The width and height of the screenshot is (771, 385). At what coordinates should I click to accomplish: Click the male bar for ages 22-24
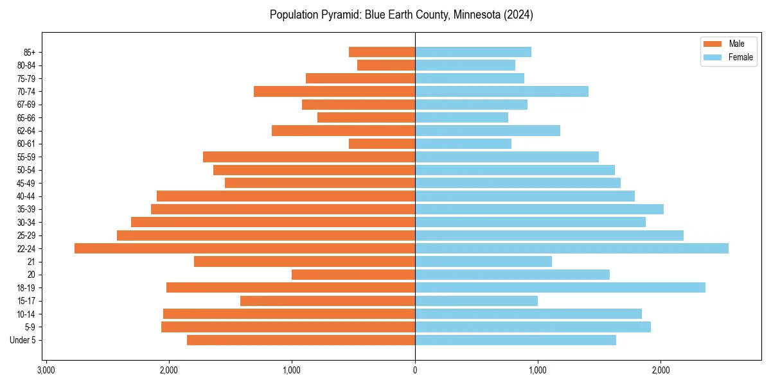tap(245, 248)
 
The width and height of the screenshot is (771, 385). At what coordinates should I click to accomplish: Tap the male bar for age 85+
tap(382, 52)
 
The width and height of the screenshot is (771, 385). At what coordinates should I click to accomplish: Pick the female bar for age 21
tap(483, 261)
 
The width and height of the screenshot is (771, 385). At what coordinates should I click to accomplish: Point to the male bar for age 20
tap(353, 275)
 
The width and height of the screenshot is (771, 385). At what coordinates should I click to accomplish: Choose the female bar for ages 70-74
tap(502, 91)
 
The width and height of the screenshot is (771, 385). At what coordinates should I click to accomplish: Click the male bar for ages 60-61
tap(382, 144)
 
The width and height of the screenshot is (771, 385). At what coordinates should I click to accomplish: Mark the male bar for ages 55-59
tap(309, 157)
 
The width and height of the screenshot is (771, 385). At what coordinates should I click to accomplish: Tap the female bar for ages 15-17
tap(476, 301)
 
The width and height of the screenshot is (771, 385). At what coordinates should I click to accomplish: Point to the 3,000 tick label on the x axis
tap(46, 370)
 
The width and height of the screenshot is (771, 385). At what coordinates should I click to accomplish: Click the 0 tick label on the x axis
tap(415, 370)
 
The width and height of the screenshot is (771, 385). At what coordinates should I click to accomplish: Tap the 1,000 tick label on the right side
tap(538, 370)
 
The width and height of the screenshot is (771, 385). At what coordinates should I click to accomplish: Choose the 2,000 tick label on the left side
tap(169, 370)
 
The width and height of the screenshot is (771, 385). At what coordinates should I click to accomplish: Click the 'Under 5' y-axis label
tap(23, 340)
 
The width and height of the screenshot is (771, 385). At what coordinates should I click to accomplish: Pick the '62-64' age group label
tap(26, 130)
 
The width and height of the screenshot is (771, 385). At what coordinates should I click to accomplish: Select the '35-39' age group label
tap(26, 209)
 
